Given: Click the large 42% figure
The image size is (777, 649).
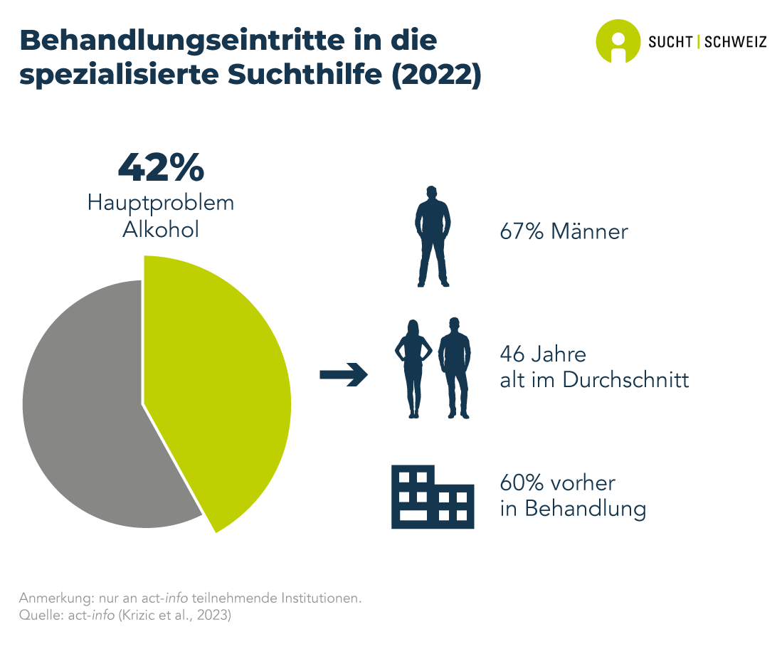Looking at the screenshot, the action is click(161, 167).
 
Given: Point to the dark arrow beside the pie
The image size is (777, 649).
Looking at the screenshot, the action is click(344, 374).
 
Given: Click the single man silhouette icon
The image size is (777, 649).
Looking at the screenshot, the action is click(433, 236).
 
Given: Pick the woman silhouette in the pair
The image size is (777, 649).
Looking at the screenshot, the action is click(413, 369).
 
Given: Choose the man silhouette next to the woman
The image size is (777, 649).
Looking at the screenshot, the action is click(455, 368).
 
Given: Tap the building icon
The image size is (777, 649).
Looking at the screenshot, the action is click(433, 497).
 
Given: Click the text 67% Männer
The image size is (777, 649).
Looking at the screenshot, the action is click(564, 231).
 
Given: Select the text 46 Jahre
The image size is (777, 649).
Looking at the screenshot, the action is click(543, 354).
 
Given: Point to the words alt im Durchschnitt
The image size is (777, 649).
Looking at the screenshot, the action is click(595, 380).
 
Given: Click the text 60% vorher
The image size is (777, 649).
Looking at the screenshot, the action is click(557, 482).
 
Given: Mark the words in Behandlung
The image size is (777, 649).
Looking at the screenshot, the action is click(573, 509).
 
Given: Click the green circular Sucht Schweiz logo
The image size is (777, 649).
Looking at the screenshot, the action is click(618, 41).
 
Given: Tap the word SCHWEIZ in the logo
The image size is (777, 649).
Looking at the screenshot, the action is click(736, 42).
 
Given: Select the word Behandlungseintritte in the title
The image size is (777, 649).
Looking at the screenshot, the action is click(182, 41).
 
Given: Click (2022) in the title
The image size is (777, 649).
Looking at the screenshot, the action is click(437, 75).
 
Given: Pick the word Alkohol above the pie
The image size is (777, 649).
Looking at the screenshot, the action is click(161, 229).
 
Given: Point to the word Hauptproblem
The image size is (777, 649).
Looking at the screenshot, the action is click(161, 203).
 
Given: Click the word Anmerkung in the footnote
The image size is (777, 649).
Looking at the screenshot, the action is click(55, 598).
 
